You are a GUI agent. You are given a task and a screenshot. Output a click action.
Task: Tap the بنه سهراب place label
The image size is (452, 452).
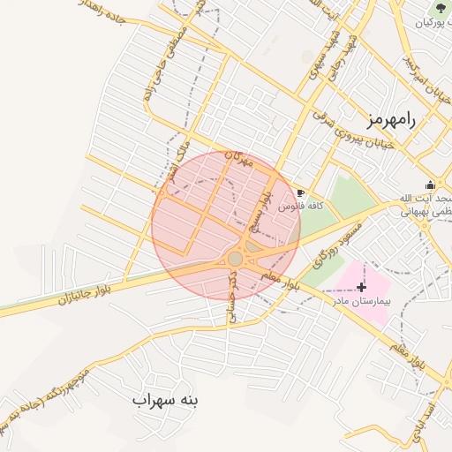(166, 400)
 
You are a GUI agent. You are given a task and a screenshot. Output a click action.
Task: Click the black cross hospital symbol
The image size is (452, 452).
(362, 287)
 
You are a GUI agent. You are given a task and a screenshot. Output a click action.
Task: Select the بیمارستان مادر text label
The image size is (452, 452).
(358, 300)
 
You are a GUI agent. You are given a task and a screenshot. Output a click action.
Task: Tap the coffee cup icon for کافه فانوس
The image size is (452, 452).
(301, 192)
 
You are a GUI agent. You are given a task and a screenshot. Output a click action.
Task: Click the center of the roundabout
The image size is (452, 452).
(235, 259)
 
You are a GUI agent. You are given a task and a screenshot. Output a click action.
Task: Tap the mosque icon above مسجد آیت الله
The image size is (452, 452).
(430, 185)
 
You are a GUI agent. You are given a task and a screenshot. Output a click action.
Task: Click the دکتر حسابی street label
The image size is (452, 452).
(234, 296)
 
